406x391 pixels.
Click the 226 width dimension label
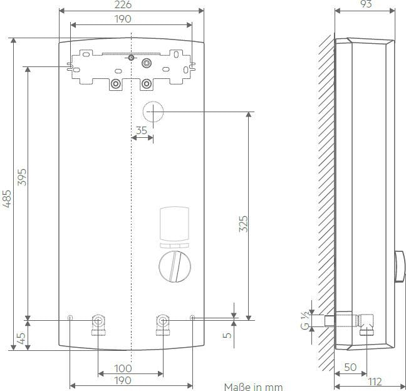123,4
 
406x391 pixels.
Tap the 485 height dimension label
7,199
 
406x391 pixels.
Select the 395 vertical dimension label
23,177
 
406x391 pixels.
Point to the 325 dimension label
243,224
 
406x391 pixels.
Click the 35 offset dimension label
142,130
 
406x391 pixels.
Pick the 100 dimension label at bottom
123,368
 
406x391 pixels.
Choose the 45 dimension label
21,338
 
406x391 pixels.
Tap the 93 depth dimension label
366,4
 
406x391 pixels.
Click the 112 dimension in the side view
375,382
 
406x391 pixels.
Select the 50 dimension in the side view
350,367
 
